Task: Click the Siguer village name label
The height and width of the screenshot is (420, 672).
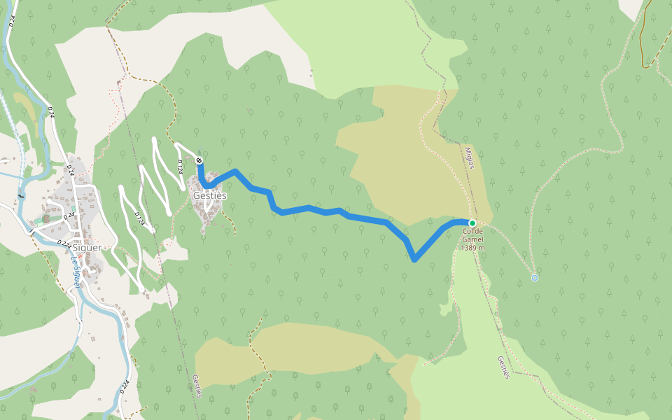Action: pyautogui.click(x=86, y=247)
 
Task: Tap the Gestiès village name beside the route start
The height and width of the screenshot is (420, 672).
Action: pyautogui.click(x=209, y=196)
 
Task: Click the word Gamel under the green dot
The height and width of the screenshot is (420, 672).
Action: pyautogui.click(x=473, y=239)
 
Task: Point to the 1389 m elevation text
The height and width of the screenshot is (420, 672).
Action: pyautogui.click(x=473, y=248)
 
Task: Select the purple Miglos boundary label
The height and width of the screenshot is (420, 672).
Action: pyautogui.click(x=470, y=157)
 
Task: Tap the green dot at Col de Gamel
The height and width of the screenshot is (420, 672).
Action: pyautogui.click(x=472, y=223)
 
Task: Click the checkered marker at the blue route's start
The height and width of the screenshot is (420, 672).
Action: pyautogui.click(x=199, y=161)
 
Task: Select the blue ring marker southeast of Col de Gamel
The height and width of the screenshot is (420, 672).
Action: pyautogui.click(x=535, y=278)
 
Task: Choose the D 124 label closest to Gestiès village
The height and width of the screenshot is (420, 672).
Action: pyautogui.click(x=180, y=167)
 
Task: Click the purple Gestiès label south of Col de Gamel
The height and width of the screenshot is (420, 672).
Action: pyautogui.click(x=503, y=367)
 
